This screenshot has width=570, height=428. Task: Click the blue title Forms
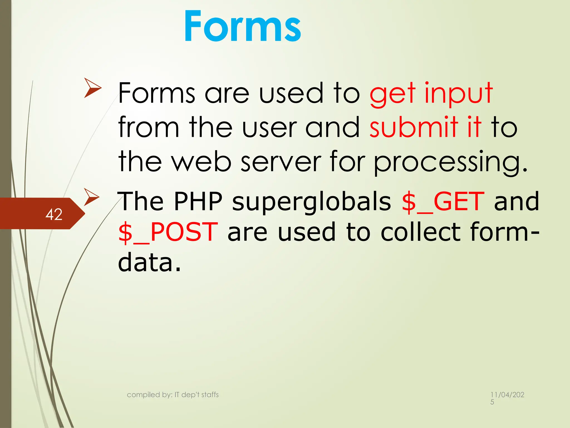pyautogui.click(x=242, y=26)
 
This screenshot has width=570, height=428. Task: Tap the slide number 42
pyautogui.click(x=54, y=214)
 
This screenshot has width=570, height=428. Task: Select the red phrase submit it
pyautogui.click(x=425, y=127)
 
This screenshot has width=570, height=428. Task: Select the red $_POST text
pyautogui.click(x=168, y=232)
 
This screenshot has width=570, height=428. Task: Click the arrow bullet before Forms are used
pyautogui.click(x=93, y=88)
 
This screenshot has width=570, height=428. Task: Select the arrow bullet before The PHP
pyautogui.click(x=92, y=197)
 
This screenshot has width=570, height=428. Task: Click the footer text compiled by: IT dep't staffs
pyautogui.click(x=173, y=395)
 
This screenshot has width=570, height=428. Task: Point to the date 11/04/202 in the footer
pyautogui.click(x=507, y=395)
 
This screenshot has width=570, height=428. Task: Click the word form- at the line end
pyautogui.click(x=505, y=232)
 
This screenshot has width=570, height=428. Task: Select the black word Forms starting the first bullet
pyautogui.click(x=156, y=93)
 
